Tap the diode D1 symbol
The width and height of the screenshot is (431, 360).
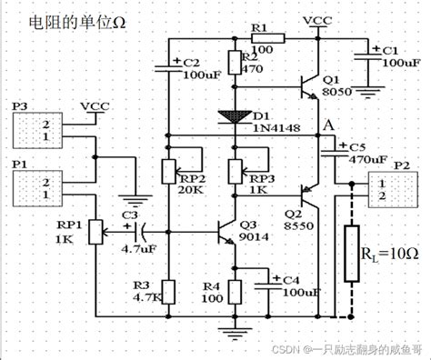pyautogui.click(x=236, y=115)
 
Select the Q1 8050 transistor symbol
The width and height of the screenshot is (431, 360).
pyautogui.click(x=308, y=86)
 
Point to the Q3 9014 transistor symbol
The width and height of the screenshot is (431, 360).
pyautogui.click(x=227, y=235)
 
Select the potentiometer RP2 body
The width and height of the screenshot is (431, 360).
pyautogui.click(x=166, y=170)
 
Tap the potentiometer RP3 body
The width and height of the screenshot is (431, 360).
pyautogui.click(x=236, y=170)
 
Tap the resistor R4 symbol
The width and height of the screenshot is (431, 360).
pyautogui.click(x=236, y=292)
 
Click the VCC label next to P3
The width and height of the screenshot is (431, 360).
pyautogui.click(x=96, y=106)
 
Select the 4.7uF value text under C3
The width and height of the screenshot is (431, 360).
pyautogui.click(x=135, y=246)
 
